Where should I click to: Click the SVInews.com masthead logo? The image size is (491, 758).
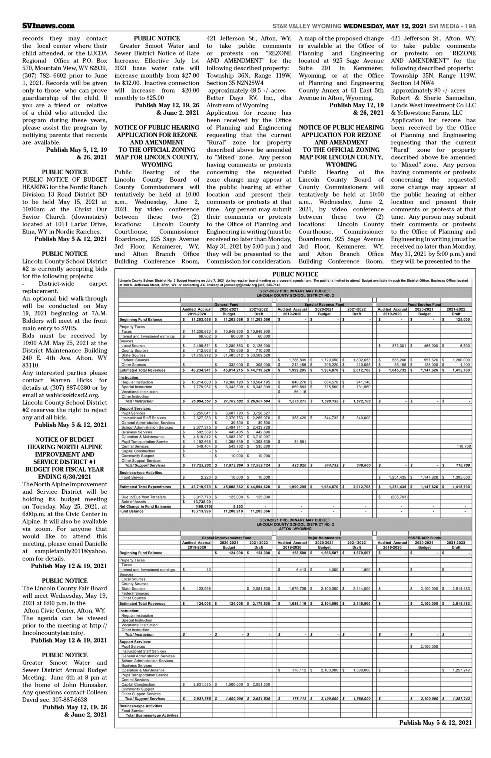[x=48, y=26]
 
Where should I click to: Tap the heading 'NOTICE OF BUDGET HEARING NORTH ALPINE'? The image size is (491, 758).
[x=64, y=443]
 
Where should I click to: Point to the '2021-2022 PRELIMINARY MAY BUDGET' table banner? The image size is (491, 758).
[x=295, y=291]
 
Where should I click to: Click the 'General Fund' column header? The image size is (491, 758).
[x=226, y=304]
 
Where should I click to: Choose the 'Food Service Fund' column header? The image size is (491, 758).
[x=424, y=304]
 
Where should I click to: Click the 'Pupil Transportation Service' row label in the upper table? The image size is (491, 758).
[x=145, y=442]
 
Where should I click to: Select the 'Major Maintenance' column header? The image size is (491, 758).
[x=324, y=537]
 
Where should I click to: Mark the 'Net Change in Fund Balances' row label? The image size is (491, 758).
[x=145, y=506]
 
